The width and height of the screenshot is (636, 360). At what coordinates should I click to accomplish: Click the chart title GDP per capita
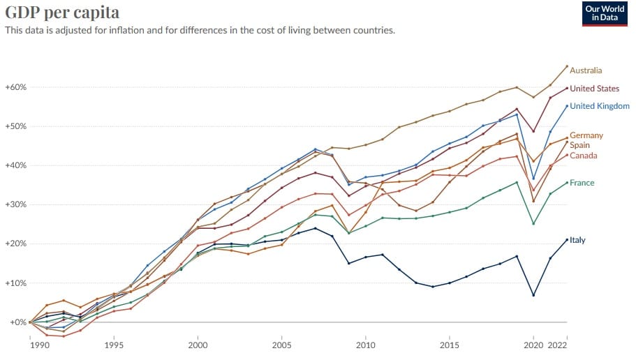click(62, 13)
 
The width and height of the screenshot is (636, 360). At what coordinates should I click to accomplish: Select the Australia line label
click(586, 70)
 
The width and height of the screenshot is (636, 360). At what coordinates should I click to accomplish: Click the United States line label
click(594, 89)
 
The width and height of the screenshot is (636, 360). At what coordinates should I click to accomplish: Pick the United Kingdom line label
click(600, 106)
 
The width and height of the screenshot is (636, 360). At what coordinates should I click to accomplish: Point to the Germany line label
click(586, 135)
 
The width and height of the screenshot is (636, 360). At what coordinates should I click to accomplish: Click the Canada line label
click(584, 155)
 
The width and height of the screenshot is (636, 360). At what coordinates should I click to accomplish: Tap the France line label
click(582, 182)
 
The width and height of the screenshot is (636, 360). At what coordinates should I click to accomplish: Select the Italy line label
click(577, 240)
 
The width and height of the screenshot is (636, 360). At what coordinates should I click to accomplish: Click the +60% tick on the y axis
click(15, 87)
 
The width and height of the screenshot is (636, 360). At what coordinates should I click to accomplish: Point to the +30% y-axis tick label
click(15, 204)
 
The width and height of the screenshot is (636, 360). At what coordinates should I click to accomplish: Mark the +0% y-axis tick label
click(17, 322)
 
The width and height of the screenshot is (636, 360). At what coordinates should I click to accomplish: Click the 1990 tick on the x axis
click(31, 345)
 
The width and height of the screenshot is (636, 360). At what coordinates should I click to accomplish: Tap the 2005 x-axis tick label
click(282, 345)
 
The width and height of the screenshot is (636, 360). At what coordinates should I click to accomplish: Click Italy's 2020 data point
click(533, 295)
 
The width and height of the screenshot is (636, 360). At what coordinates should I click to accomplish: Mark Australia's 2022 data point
click(566, 66)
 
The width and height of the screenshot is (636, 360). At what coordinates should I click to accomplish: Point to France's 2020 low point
click(533, 223)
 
